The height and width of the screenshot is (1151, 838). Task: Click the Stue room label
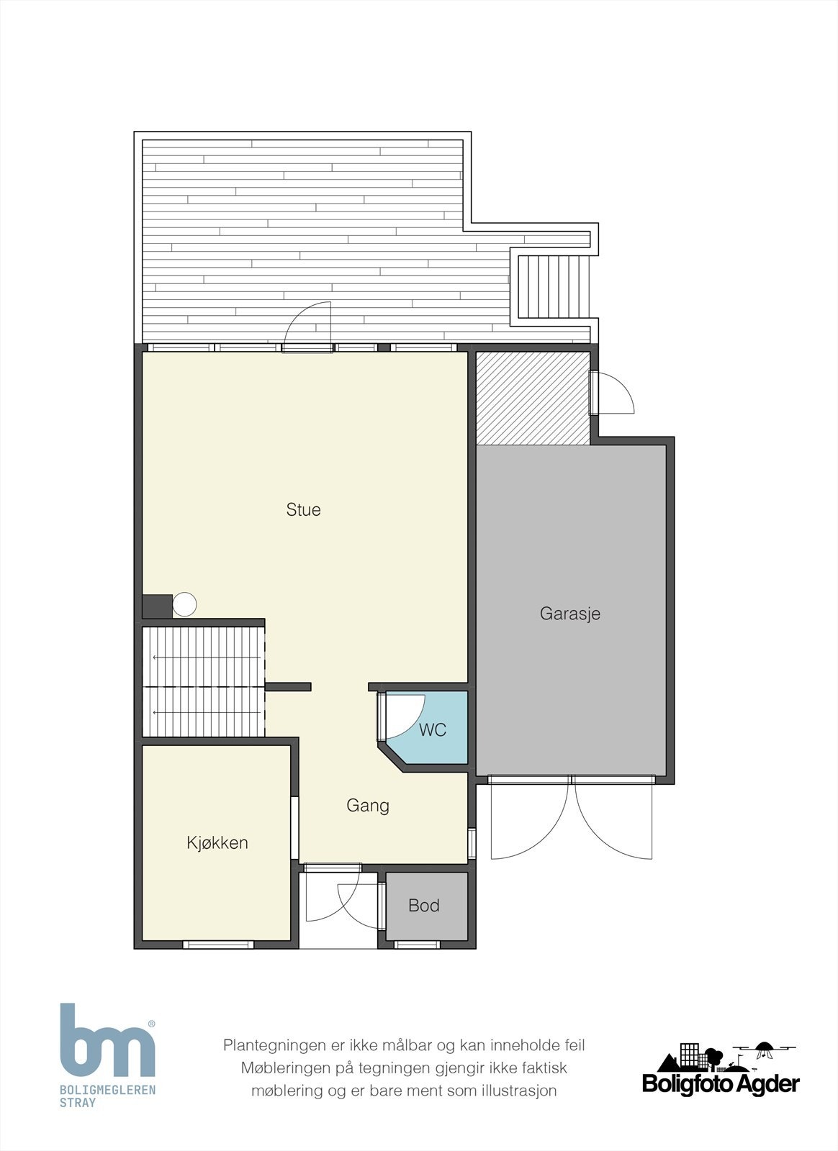[x=303, y=510]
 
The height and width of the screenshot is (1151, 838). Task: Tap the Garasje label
[x=569, y=614]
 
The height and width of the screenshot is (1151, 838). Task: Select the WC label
[x=433, y=729]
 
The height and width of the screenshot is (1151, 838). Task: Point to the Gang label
[x=368, y=805]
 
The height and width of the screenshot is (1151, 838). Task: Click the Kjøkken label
[x=217, y=842]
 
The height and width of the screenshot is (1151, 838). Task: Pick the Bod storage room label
[x=423, y=906]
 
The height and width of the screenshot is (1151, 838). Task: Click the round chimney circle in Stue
[x=184, y=604]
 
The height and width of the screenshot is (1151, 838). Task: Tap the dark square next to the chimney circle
[x=157, y=606]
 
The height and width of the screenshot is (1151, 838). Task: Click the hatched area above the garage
[x=533, y=399]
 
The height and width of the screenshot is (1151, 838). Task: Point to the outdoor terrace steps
[x=553, y=287]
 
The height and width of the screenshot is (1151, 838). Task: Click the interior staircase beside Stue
[x=203, y=682]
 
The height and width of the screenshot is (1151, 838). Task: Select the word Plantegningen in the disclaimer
[x=274, y=1046]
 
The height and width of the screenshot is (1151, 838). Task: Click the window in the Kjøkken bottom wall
[x=218, y=945]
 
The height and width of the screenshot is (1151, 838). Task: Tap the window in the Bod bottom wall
[x=417, y=945]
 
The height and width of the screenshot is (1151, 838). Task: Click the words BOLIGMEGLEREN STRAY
[x=107, y=1096]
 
